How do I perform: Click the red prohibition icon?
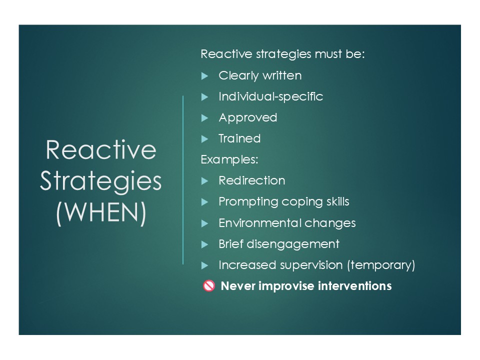click(209, 286)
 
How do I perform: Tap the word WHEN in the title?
click(101, 212)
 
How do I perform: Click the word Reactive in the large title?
click(101, 149)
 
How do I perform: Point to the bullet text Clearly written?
click(260, 75)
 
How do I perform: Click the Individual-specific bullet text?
click(271, 96)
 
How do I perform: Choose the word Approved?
click(248, 118)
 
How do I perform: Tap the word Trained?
click(239, 138)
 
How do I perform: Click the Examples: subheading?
click(229, 160)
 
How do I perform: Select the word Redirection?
click(252, 180)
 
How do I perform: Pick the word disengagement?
click(293, 244)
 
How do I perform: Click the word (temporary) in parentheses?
click(381, 265)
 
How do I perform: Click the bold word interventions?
click(355, 286)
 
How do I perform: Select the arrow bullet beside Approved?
click(205, 118)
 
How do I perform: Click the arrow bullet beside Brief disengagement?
click(205, 244)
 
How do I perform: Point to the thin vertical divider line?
click(183, 180)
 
